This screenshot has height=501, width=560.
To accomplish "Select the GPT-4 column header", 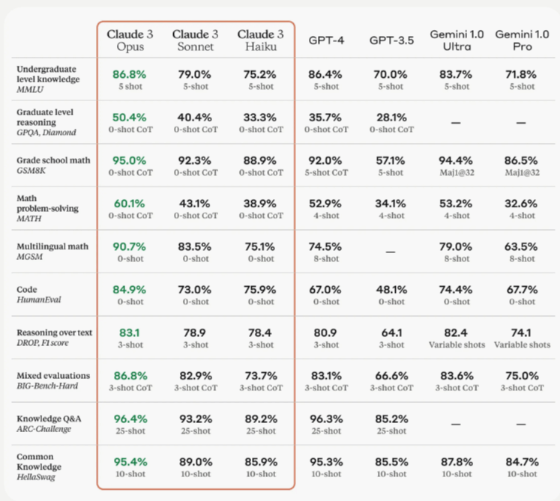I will tap(325, 40).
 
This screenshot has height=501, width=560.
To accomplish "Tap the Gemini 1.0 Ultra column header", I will tap(455, 40).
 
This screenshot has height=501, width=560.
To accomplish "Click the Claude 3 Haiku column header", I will tap(260, 40).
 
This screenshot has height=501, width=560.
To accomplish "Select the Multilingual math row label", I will tap(50, 246).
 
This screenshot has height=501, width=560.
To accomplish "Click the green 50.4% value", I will tap(129, 118).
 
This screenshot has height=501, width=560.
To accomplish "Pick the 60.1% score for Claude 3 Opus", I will tap(129, 203).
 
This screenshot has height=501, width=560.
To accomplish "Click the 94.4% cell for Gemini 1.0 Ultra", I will tap(455, 160).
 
